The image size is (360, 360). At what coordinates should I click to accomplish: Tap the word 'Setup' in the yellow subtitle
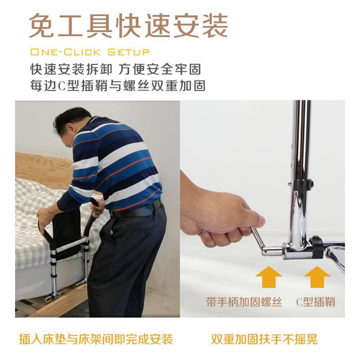[128, 52]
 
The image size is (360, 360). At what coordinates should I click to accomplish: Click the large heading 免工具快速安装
[129, 26]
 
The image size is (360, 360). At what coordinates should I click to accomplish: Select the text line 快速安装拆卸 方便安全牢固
[116, 69]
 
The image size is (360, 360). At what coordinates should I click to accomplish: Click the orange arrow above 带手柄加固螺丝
[269, 277]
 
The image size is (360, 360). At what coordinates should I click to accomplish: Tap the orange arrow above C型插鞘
[317, 277]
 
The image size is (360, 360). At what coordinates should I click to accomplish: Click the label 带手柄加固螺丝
[244, 301]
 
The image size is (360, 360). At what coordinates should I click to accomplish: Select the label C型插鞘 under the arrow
[316, 301]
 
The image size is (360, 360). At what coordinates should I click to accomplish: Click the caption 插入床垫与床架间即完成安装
[96, 339]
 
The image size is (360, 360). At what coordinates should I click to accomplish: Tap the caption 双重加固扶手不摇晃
[264, 339]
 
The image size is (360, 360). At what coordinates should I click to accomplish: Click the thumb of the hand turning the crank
[256, 219]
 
